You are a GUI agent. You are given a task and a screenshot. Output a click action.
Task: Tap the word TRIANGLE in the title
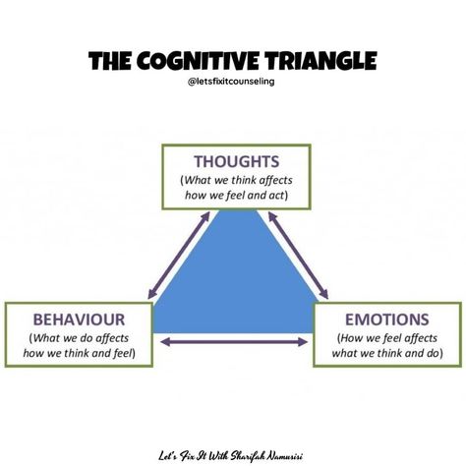(x=321, y=61)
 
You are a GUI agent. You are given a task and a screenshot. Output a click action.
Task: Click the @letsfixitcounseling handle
(x=231, y=82)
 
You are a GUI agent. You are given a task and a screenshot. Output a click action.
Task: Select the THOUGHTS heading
(x=236, y=161)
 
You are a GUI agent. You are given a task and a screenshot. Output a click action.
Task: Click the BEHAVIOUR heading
(x=79, y=320)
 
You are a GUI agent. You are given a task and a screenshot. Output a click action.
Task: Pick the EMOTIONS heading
(x=387, y=320)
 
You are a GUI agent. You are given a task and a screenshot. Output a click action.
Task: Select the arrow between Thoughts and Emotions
(x=298, y=256)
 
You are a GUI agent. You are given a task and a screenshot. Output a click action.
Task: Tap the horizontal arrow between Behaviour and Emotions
(x=235, y=342)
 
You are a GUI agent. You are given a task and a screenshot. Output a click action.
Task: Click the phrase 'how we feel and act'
(x=235, y=196)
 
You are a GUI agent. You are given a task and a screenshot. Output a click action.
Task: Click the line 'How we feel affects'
(x=388, y=338)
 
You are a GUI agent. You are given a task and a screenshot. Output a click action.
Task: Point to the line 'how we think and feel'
(x=78, y=353)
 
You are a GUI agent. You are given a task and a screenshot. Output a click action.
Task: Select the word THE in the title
(x=110, y=61)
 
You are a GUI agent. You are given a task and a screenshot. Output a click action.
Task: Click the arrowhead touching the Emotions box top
(x=324, y=294)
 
